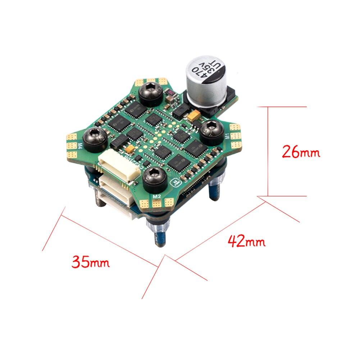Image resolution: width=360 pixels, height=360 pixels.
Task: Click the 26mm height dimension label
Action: click(301, 152)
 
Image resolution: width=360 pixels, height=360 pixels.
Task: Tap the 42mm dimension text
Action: click(247, 241)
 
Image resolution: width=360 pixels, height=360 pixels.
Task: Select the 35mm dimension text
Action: click(90, 261)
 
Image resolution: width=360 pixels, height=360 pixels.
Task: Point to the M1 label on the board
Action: click(227, 136)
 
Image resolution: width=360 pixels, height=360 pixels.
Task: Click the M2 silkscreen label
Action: click(156, 196)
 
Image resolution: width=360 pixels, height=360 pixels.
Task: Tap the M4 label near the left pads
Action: click(80, 146)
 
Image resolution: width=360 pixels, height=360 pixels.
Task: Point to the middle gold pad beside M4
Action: click(74, 146)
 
